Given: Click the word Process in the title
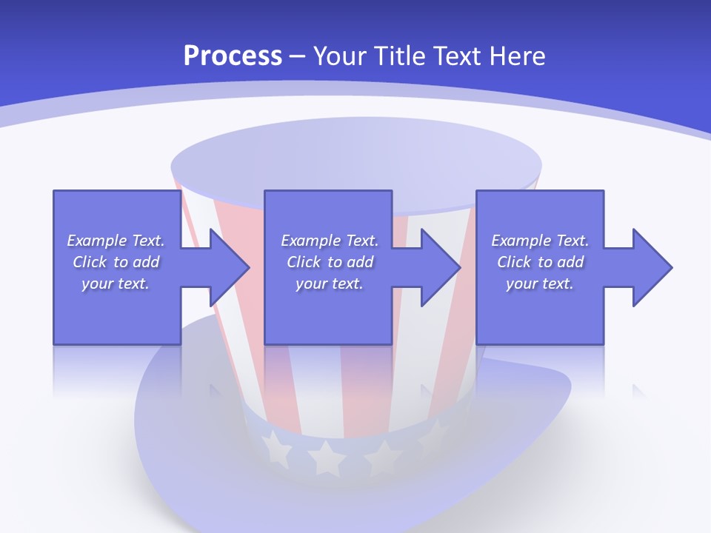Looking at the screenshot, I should (x=233, y=56).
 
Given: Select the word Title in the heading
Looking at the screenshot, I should (x=399, y=56).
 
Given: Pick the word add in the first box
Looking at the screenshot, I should (x=146, y=262).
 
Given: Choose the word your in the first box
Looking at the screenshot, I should (x=97, y=284).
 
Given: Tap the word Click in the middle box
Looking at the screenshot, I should (x=304, y=262).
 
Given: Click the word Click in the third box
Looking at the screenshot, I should (x=514, y=262).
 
